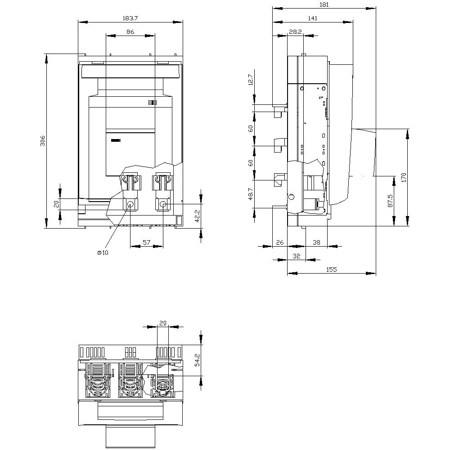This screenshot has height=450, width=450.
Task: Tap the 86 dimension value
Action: coord(130,32)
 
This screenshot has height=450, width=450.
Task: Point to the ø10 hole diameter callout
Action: coord(103,252)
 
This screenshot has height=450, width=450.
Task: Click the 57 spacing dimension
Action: coord(146,243)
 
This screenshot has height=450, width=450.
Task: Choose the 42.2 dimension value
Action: coord(196,216)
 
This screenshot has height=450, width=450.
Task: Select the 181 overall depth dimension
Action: coord(324,4)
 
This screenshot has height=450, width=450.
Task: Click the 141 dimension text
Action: coord(312,18)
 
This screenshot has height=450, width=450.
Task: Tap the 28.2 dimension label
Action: coord(295,32)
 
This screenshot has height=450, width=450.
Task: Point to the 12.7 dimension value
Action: coord(251,79)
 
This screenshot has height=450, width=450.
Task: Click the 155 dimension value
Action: coord(331,270)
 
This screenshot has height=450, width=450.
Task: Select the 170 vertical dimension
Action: coord(404,177)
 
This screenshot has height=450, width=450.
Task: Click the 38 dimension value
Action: coord(316,243)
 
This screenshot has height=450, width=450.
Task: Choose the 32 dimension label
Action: coord(296,256)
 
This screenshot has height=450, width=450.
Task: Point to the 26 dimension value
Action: coord(279,243)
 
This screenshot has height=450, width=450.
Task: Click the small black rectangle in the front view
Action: coord(116,141)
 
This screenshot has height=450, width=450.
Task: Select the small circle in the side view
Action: coord(291,197)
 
